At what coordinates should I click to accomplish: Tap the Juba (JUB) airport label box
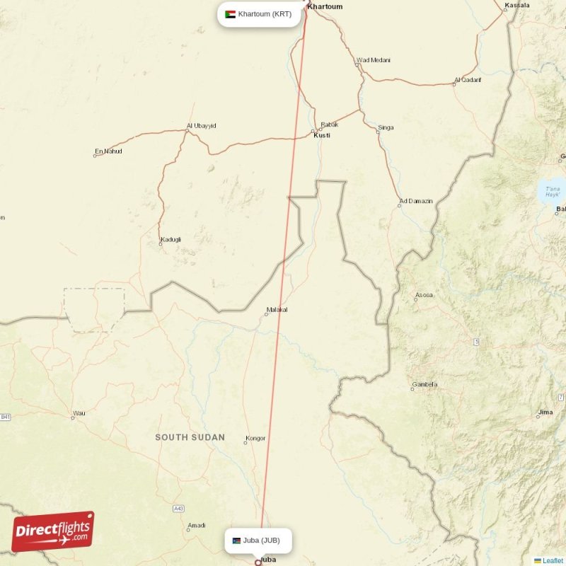[x=258, y=541]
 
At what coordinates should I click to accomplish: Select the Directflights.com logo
[x=52, y=531]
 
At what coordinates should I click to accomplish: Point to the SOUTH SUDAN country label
[x=190, y=437]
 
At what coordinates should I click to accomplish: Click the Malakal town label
[x=277, y=310]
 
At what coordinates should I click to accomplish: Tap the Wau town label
[x=79, y=412]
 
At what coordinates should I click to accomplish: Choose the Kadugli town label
[x=171, y=239]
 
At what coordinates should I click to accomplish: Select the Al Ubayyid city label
[x=201, y=126]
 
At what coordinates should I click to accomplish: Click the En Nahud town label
[x=108, y=151]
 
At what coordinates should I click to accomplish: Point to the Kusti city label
[x=321, y=134]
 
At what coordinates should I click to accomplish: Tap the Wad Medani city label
[x=372, y=60]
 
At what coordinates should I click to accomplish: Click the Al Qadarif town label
[x=467, y=80]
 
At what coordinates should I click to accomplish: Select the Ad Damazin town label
[x=415, y=201]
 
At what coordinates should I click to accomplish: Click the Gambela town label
[x=424, y=384]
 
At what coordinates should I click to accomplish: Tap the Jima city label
[x=545, y=412]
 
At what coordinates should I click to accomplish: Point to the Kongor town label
[x=255, y=438]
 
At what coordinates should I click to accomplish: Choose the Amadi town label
[x=196, y=525]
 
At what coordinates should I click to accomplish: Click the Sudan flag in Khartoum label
[x=230, y=14]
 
